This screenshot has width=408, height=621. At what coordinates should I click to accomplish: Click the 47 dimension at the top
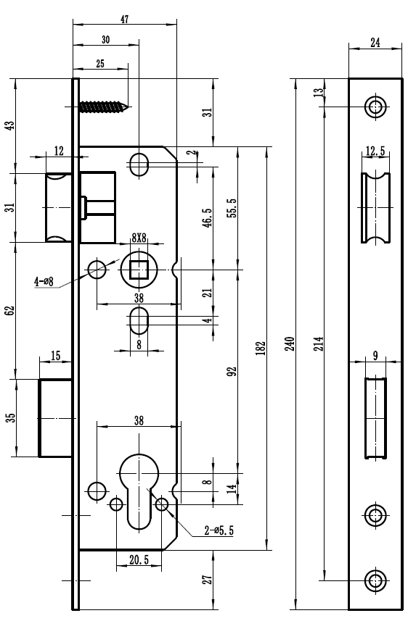125,19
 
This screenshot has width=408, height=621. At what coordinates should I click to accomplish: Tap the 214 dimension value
318,343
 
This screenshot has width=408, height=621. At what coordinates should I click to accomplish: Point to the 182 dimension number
261,348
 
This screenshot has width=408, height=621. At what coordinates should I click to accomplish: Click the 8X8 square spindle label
139,238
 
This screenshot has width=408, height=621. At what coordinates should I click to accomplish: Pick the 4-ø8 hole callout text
44,282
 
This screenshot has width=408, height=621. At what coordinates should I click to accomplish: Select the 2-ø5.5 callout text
219,530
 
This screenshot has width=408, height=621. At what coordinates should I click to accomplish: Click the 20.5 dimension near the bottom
139,559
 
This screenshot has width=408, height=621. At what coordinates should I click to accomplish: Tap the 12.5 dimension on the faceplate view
375,151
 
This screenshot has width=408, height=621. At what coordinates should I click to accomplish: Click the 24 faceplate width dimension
375,42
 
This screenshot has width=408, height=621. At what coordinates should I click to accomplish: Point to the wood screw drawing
105,107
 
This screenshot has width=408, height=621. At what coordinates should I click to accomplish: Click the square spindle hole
139,270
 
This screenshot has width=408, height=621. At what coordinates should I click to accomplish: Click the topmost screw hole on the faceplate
375,107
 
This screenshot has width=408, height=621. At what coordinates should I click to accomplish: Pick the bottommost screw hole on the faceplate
375,580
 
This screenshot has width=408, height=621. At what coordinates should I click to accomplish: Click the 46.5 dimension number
208,217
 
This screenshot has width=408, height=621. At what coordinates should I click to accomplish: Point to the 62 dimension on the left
10,310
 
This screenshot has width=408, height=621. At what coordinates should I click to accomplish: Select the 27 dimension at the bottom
208,580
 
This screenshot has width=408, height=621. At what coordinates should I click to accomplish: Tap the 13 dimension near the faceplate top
318,93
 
